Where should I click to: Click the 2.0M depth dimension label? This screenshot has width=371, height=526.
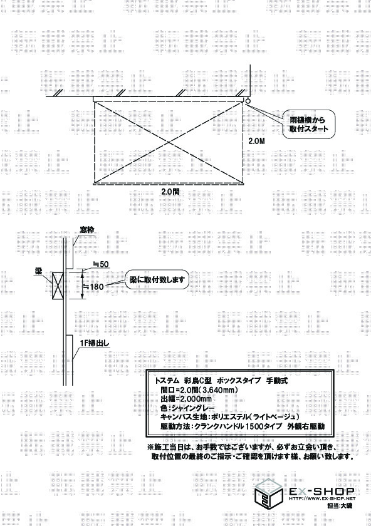click(x=256, y=142)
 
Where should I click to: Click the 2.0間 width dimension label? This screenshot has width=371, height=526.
click(x=170, y=192)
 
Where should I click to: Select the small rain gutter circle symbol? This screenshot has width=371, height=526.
click(x=248, y=100)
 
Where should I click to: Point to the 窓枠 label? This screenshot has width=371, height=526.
click(x=86, y=230)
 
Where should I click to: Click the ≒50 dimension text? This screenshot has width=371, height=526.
click(x=101, y=264)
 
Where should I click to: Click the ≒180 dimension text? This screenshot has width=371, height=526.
click(x=93, y=287)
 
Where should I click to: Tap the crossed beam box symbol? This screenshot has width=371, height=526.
click(x=56, y=285)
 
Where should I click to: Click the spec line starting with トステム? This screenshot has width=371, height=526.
click(x=221, y=381)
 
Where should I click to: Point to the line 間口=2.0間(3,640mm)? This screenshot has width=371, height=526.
click(x=199, y=389)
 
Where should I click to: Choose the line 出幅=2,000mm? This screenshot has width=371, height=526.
click(x=186, y=399)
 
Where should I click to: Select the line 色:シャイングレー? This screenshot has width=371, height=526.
click(x=187, y=408)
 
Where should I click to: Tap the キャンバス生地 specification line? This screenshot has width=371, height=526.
click(x=229, y=417)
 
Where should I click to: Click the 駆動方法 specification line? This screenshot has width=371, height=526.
click(x=243, y=426)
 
